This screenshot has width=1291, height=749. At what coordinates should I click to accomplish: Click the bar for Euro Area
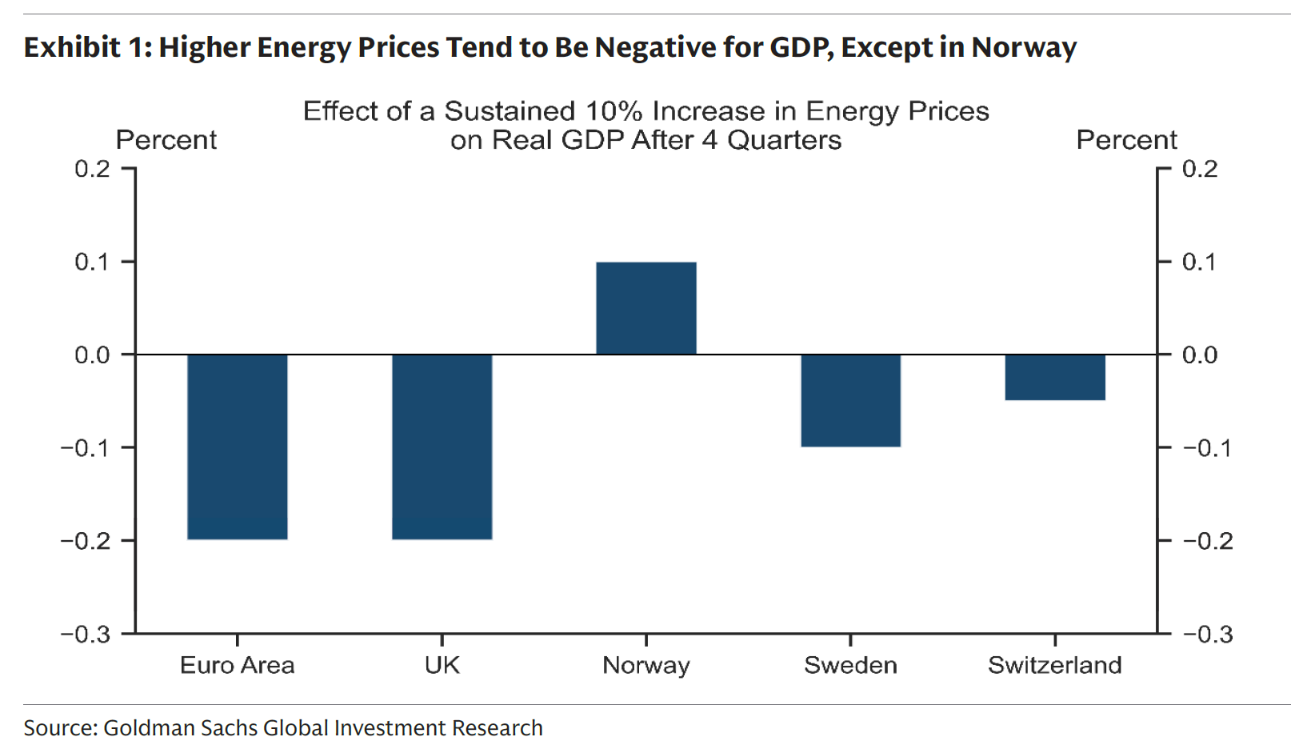pyautogui.click(x=237, y=447)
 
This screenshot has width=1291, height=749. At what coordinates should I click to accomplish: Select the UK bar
pyautogui.click(x=442, y=447)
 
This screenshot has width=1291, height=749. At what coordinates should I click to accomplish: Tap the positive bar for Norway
pyautogui.click(x=645, y=308)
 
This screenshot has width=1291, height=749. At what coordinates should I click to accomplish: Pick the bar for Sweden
pyautogui.click(x=850, y=400)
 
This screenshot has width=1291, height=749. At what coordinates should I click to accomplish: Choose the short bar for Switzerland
pyautogui.click(x=1054, y=377)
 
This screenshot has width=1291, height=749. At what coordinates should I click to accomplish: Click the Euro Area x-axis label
pyautogui.click(x=237, y=665)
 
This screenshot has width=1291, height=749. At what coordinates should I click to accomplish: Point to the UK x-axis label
pyautogui.click(x=442, y=665)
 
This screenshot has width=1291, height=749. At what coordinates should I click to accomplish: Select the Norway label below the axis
pyautogui.click(x=645, y=665)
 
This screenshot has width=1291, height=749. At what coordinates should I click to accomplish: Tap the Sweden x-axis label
pyautogui.click(x=850, y=665)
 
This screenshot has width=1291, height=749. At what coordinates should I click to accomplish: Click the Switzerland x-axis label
pyautogui.click(x=1054, y=665)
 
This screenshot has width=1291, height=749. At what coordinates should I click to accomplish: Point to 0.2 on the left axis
pyautogui.click(x=92, y=169)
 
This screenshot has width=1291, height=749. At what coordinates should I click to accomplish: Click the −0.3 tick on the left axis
pyautogui.click(x=86, y=635)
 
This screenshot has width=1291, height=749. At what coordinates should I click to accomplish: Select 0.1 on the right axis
pyautogui.click(x=1199, y=262)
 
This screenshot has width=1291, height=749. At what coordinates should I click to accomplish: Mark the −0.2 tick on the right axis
pyautogui.click(x=1208, y=541)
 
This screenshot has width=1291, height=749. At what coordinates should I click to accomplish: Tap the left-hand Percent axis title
pyautogui.click(x=166, y=140)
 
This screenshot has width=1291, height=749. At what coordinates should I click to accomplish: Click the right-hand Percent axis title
pyautogui.click(x=1126, y=140)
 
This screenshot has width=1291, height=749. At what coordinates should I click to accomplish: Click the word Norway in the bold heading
pyautogui.click(x=1024, y=48)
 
